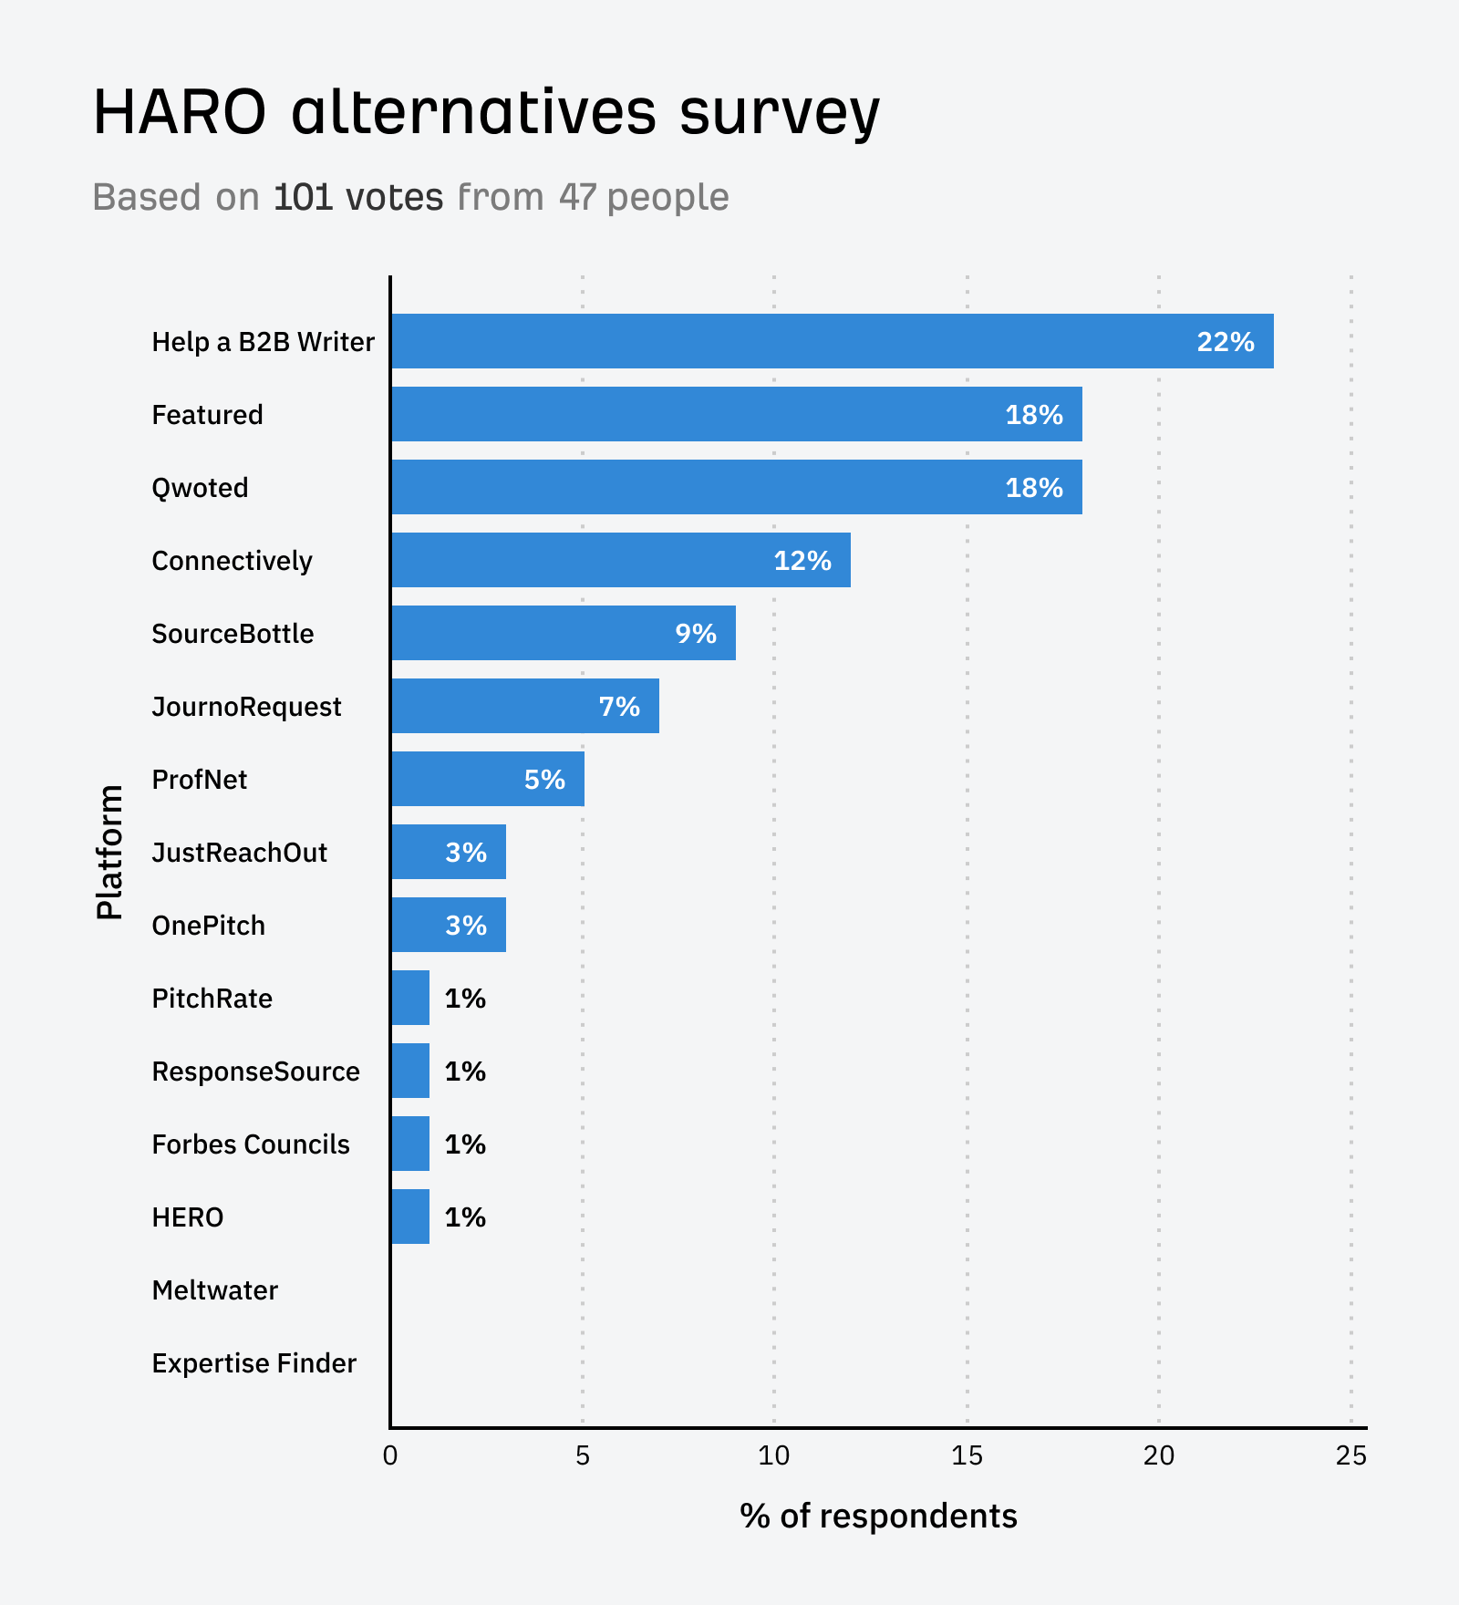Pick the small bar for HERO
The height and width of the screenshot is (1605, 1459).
tap(410, 1217)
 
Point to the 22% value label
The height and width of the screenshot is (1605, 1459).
tap(1226, 342)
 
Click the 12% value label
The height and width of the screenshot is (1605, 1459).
tap(802, 561)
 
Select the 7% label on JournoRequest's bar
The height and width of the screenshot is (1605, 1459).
tap(619, 707)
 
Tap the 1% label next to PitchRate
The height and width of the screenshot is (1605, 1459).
tap(465, 999)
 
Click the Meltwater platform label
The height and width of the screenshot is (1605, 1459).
tap(215, 1290)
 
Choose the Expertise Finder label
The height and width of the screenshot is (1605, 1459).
tap(254, 1363)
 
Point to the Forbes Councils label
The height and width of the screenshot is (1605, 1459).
tap(251, 1144)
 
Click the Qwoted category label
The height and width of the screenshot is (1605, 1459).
tap(200, 488)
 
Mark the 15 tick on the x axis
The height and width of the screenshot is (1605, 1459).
tap(967, 1456)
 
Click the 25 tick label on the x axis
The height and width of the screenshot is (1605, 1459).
tap(1350, 1456)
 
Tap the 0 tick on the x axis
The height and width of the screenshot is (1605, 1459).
tap(390, 1456)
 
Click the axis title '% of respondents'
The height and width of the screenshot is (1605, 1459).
tap(878, 1516)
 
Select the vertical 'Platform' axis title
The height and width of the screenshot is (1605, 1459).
tap(109, 852)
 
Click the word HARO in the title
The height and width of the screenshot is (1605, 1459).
tap(180, 113)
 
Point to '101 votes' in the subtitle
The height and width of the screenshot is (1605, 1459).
tap(358, 197)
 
